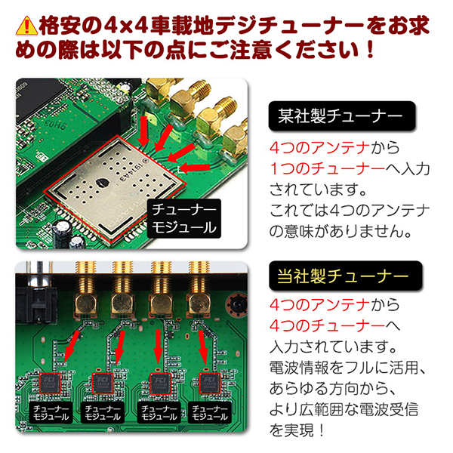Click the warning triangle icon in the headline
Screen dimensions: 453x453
26,25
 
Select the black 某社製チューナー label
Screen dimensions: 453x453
343,118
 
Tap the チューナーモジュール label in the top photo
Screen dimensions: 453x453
183,216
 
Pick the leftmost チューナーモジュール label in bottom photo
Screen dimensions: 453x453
52,411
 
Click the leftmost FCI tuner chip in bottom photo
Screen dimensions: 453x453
52,381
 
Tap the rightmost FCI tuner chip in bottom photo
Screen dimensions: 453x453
209,381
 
